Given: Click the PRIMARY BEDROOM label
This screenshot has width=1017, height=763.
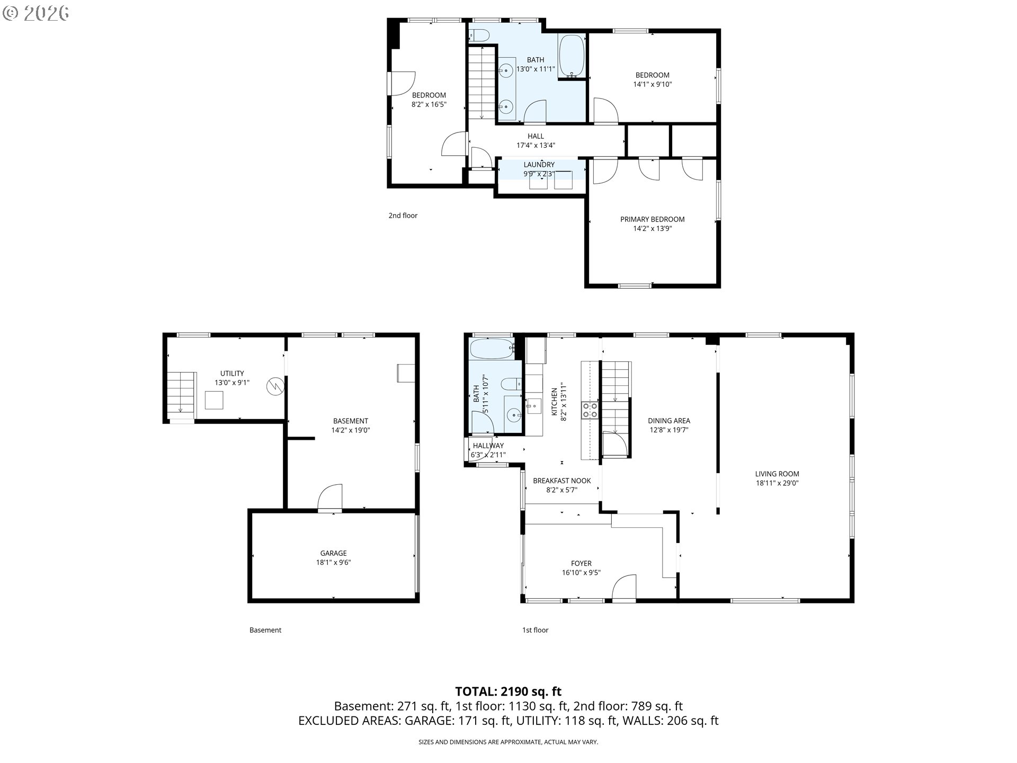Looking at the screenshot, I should (652, 219).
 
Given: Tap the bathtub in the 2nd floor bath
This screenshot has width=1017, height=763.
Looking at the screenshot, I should (572, 56).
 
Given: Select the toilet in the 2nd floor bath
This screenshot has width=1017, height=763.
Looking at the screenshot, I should (480, 36).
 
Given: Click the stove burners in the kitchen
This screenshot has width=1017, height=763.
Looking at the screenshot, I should (590, 410).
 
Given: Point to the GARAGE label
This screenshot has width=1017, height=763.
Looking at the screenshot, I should (333, 553).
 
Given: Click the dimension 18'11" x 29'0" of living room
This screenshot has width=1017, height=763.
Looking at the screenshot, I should (777, 483).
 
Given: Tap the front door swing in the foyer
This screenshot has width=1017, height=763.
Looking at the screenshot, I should (624, 588).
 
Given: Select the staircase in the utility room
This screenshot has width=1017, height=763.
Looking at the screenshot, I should (182, 393).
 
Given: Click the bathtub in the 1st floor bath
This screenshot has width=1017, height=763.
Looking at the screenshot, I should (492, 349).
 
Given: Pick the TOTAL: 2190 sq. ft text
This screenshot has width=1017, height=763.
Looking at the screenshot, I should (508, 691).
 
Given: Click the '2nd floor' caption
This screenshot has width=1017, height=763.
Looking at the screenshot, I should (403, 216).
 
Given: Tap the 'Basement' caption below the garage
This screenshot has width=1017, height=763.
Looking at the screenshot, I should (265, 630).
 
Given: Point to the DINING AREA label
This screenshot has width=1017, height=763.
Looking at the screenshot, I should (668, 421).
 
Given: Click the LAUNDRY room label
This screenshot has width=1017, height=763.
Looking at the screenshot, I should (539, 165).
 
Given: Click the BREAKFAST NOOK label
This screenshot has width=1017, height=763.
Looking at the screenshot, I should (561, 481).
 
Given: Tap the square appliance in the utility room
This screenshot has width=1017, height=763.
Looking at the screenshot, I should (214, 400).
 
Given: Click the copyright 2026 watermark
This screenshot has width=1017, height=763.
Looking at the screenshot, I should (35, 13).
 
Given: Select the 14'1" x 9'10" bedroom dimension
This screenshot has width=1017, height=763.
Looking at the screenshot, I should (652, 84).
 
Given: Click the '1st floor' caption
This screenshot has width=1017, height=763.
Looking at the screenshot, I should (535, 630).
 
